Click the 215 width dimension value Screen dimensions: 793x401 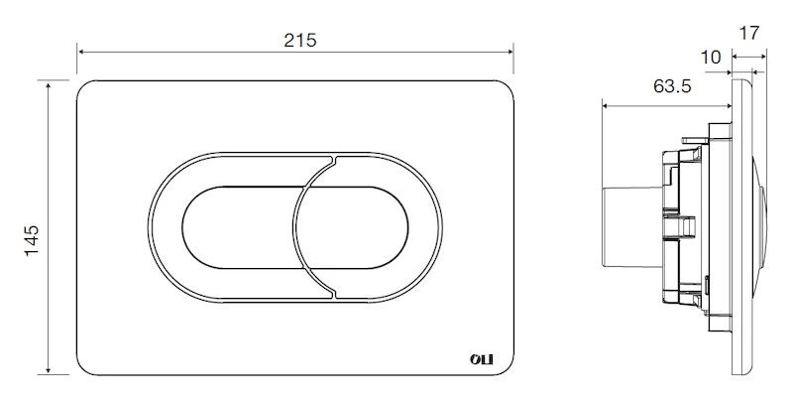pos(300,40)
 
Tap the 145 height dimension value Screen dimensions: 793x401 pos(32,240)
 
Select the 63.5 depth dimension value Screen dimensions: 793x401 pos(672,86)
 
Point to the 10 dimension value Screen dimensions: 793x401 pos(711,58)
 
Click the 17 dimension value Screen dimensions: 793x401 pos(749,34)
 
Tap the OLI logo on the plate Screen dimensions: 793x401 pos(481,359)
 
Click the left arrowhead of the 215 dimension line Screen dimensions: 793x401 pos(80,52)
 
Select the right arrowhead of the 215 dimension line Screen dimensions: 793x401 pos(510,52)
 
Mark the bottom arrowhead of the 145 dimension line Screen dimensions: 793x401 pos(48,370)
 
